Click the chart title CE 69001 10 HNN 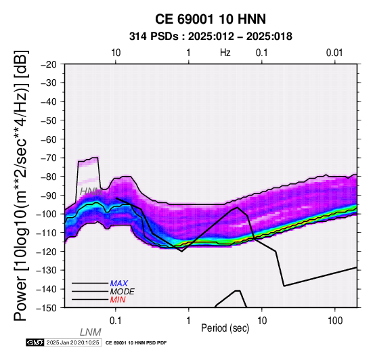211,19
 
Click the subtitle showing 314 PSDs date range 211,37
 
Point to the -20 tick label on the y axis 49,64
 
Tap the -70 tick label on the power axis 49,158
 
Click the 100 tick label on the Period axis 335,321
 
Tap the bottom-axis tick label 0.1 116,321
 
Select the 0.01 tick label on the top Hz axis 334,53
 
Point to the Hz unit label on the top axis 225,53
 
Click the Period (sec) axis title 225,328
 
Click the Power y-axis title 21,185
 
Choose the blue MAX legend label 119,284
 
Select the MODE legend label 123,292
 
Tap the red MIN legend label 118,300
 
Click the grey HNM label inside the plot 91,192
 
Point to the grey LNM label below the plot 91,332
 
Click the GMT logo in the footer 35,342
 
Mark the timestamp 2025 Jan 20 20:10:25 72,342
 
